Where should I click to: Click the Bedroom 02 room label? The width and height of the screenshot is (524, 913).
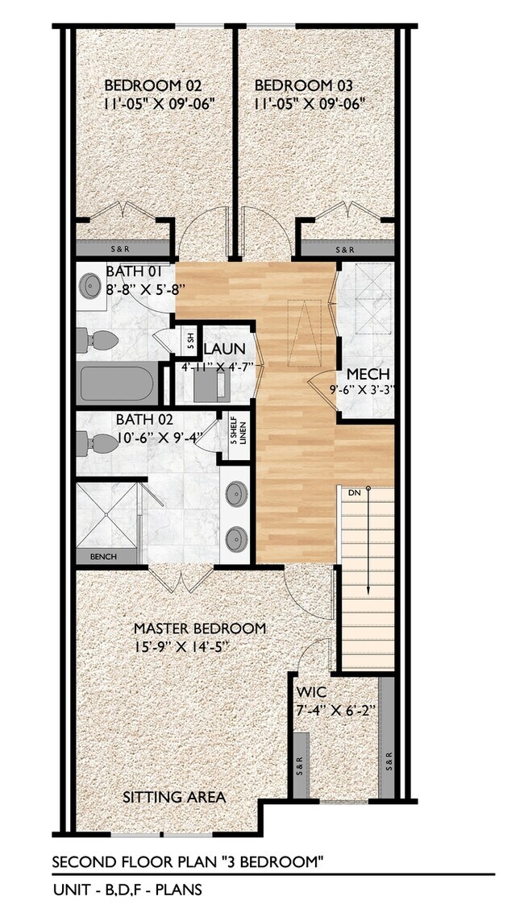[153, 85]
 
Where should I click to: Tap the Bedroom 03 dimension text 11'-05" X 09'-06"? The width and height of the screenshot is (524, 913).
[310, 103]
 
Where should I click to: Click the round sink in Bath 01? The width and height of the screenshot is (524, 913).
[87, 284]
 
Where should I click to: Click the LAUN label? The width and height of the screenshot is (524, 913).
[218, 350]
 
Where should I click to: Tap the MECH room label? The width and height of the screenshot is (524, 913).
[368, 375]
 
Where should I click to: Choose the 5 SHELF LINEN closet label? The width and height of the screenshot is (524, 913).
[237, 434]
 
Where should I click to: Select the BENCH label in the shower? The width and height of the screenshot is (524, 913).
[103, 557]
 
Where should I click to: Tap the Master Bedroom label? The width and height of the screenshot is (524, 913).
[199, 629]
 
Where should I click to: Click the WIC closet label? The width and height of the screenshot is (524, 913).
[310, 692]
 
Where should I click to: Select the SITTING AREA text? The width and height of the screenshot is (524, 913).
[173, 797]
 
